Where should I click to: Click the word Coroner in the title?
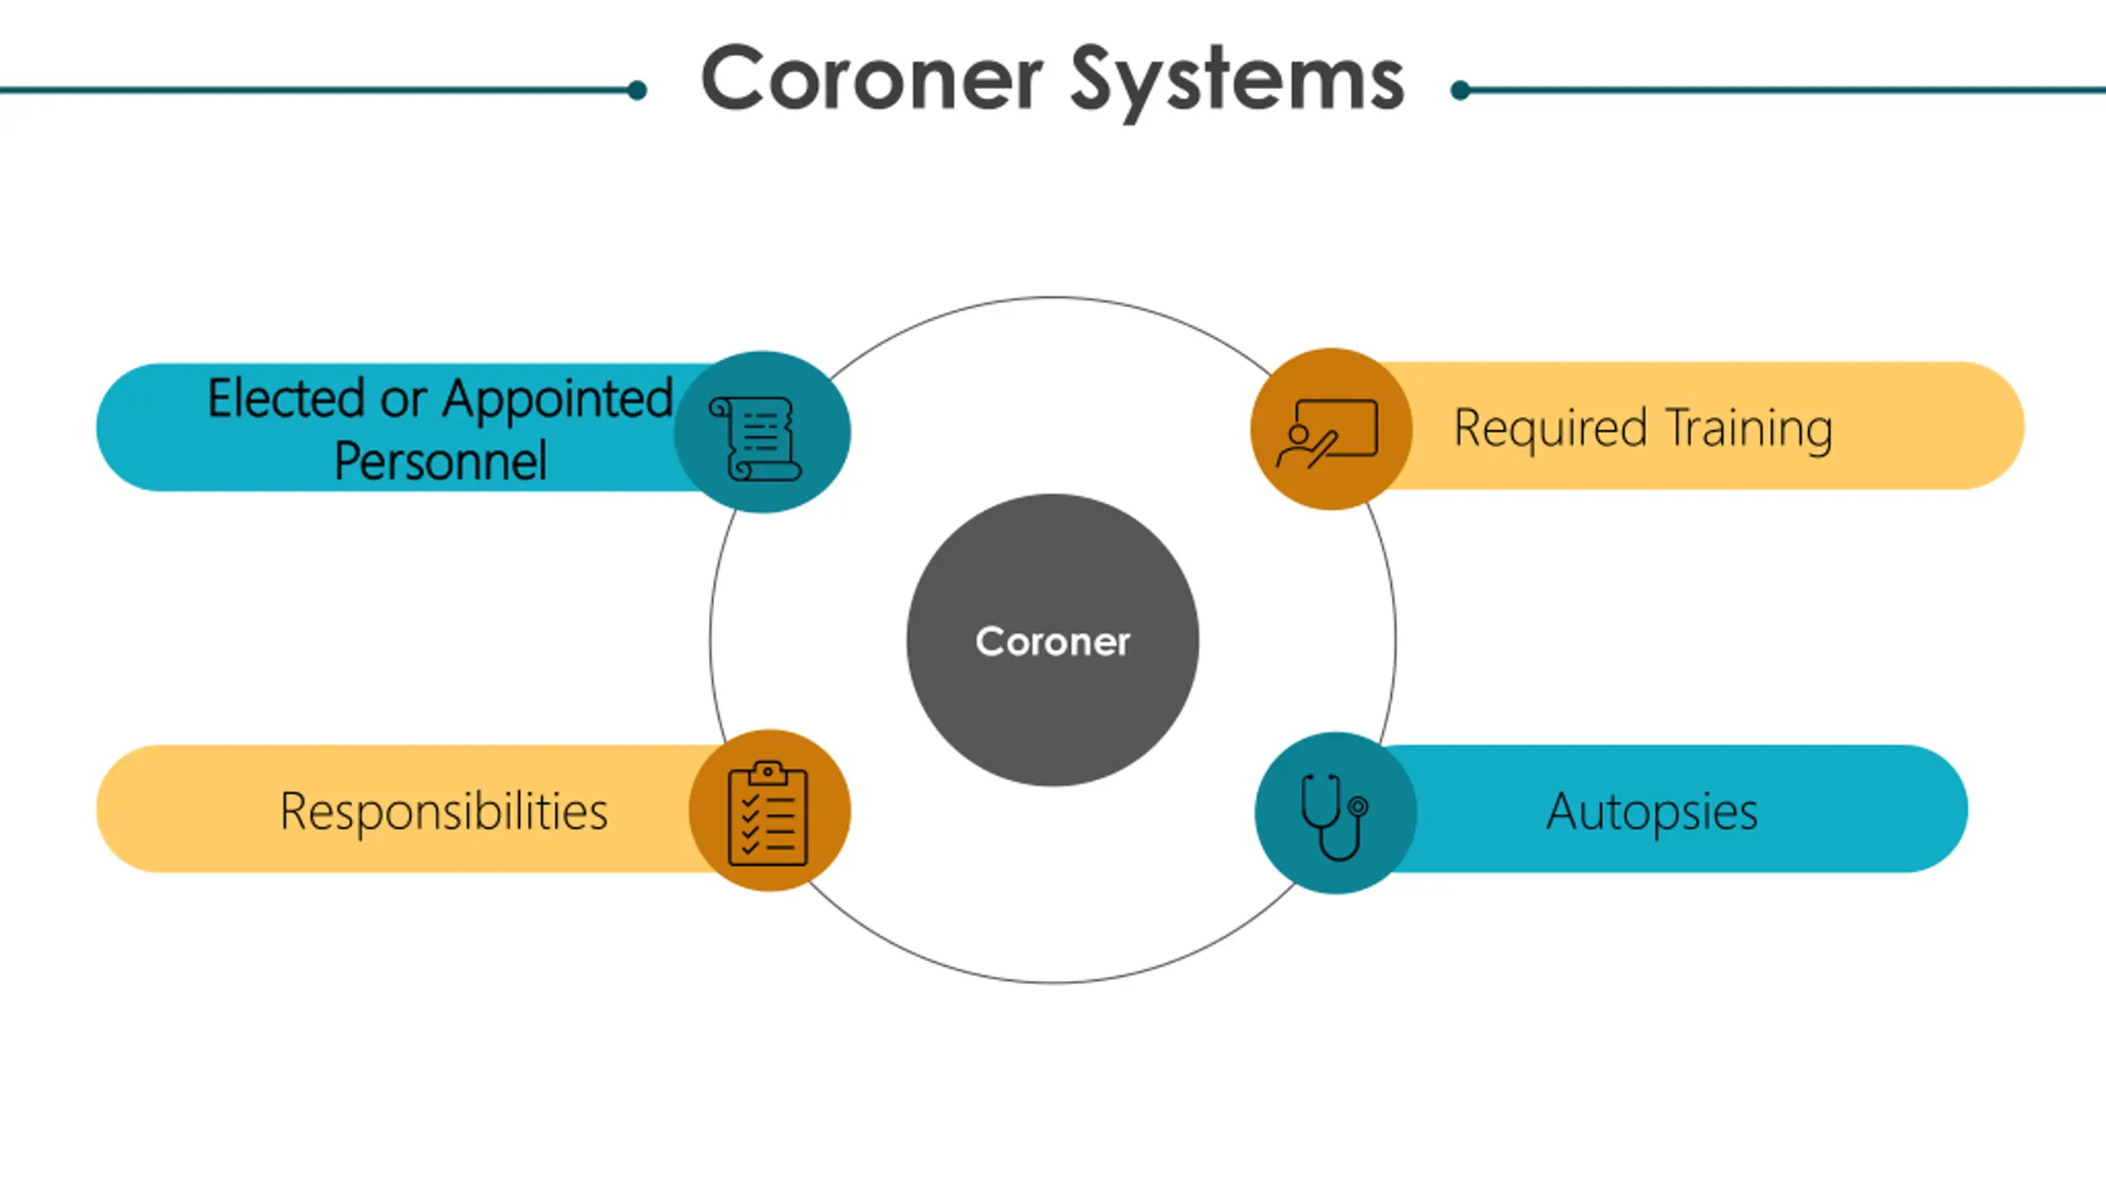(x=872, y=80)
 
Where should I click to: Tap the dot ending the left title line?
(x=637, y=90)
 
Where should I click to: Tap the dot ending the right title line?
(x=1461, y=90)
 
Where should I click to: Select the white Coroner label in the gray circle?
(x=1052, y=641)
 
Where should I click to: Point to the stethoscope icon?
(x=1334, y=816)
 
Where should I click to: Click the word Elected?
(x=285, y=399)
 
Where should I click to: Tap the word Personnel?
(x=440, y=461)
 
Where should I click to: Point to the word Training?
(x=1749, y=430)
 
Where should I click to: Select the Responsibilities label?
(x=443, y=811)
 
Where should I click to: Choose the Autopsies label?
(x=1652, y=811)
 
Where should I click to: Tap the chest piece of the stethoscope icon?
(x=1358, y=806)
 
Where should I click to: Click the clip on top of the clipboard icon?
(x=768, y=772)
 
